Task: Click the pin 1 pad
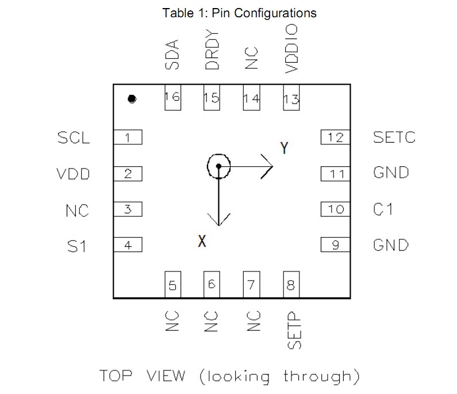(x=128, y=137)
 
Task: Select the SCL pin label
(x=74, y=138)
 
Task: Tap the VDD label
(x=73, y=174)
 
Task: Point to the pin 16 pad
(x=172, y=97)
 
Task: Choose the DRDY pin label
(x=212, y=52)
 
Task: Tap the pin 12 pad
(x=335, y=137)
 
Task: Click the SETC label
(x=394, y=137)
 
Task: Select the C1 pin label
(x=383, y=209)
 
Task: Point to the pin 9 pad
(x=335, y=245)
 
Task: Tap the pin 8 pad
(x=291, y=285)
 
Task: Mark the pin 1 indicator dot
(x=132, y=100)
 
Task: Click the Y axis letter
(x=283, y=148)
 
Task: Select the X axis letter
(x=202, y=242)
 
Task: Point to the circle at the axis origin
(x=218, y=167)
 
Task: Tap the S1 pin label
(x=76, y=246)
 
